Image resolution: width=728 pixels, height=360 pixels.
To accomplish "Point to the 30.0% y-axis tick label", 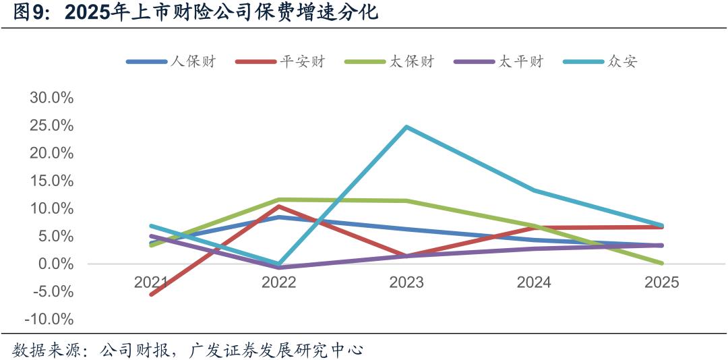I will (52, 98).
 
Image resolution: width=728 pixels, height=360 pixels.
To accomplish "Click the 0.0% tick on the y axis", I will (55, 264).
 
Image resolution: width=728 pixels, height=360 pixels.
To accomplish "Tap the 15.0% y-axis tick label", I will (52, 181).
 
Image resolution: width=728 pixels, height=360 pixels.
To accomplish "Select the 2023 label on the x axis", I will (406, 282).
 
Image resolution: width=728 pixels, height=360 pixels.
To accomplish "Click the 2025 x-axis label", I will (661, 282).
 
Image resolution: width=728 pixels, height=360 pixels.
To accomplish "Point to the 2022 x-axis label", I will (278, 282).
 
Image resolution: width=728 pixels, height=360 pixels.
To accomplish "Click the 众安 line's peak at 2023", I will (406, 127).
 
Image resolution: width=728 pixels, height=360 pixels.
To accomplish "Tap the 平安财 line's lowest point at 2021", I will (151, 294).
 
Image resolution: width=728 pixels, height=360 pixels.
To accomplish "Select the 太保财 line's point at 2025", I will (661, 264).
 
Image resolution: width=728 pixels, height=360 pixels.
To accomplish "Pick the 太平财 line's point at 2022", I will (278, 268).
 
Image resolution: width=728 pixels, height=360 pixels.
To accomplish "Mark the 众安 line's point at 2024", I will (534, 190).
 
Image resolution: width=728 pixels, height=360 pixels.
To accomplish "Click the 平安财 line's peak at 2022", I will (278, 206).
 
